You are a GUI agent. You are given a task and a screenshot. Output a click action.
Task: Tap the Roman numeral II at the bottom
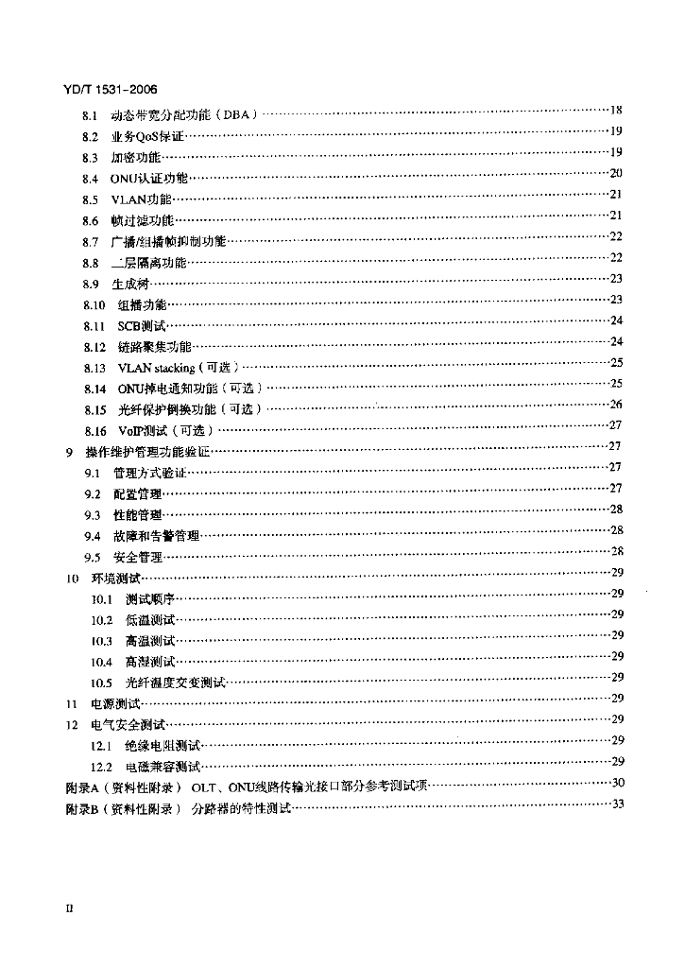pos(68,908)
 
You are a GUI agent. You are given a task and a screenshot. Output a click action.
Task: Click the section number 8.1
pos(91,116)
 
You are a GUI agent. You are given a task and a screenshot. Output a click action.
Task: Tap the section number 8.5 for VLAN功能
pos(91,199)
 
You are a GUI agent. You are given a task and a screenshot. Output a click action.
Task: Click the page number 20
pos(615,173)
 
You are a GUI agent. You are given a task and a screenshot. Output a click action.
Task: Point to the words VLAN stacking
pos(155,367)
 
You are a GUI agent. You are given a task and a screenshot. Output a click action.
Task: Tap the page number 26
pos(615,404)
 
